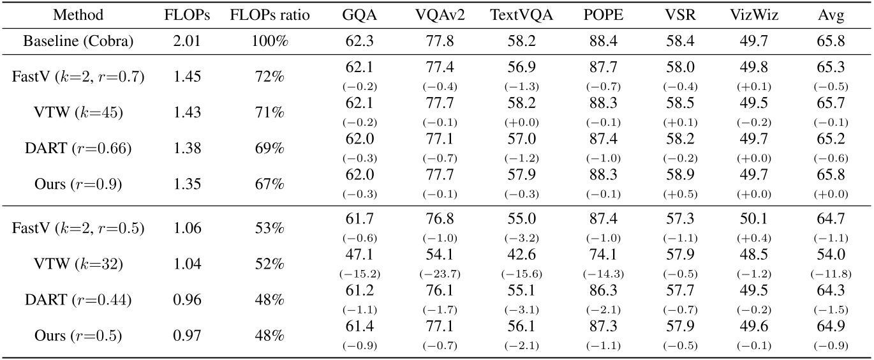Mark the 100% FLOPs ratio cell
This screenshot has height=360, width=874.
269,42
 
